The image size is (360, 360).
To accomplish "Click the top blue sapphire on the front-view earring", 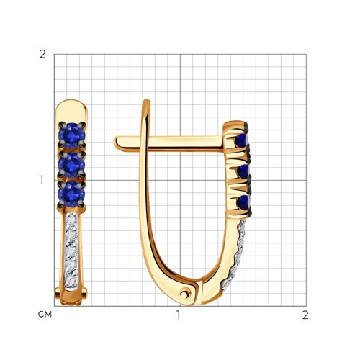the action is [72, 135].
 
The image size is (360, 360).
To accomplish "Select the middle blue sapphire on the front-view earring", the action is [72, 165].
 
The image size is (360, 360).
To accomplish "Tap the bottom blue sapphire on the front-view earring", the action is [72, 194].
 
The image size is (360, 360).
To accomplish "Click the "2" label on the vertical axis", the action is [42, 55].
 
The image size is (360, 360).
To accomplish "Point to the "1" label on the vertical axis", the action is [42, 180].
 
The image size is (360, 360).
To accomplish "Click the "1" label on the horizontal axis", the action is [179, 315].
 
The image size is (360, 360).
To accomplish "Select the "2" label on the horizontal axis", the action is [305, 315].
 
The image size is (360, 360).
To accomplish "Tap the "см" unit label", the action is [45, 315].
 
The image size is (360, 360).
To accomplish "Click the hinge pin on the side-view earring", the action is [185, 293].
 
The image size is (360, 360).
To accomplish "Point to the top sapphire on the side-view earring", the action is [241, 141].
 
